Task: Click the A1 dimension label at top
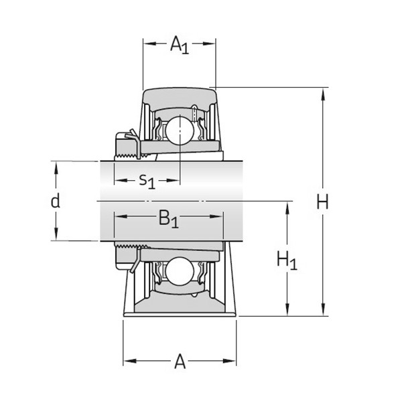pyautogui.click(x=179, y=46)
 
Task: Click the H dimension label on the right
pyautogui.click(x=323, y=201)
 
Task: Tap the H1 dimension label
pyautogui.click(x=287, y=260)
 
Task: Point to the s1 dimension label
pyautogui.click(x=147, y=180)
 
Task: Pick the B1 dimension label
pyautogui.click(x=168, y=218)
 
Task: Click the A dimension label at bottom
pyautogui.click(x=180, y=362)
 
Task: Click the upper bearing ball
pyautogui.click(x=180, y=127)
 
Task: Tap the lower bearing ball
pyautogui.click(x=180, y=272)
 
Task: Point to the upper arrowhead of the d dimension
pyautogui.click(x=56, y=165)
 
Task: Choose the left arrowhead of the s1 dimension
pyautogui.click(x=117, y=181)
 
